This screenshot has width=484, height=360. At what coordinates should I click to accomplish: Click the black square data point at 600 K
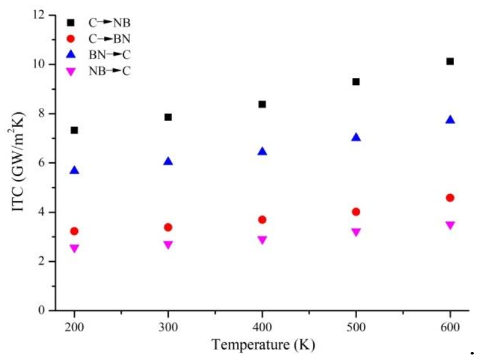[450, 62]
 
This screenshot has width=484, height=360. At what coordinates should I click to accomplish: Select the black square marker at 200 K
[74, 130]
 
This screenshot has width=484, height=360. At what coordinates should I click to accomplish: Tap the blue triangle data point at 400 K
[262, 151]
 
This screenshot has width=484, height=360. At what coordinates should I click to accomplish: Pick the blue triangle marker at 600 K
[450, 120]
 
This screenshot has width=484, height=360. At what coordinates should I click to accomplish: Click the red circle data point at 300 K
[168, 228]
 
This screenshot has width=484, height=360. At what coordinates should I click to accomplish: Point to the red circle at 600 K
[450, 198]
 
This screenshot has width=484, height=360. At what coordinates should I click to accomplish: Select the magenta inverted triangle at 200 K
[74, 248]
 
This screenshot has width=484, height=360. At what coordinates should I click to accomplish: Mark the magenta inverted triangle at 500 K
[356, 232]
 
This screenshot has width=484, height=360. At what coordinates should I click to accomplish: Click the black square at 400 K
[262, 104]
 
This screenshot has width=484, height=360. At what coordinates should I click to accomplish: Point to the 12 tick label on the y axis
[41, 15]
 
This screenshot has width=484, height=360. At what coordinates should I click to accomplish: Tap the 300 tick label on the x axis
[168, 326]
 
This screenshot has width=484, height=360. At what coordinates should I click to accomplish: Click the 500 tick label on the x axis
[356, 326]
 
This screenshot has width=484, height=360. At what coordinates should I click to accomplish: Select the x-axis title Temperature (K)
[263, 345]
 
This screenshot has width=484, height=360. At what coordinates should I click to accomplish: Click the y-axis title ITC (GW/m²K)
[19, 163]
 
